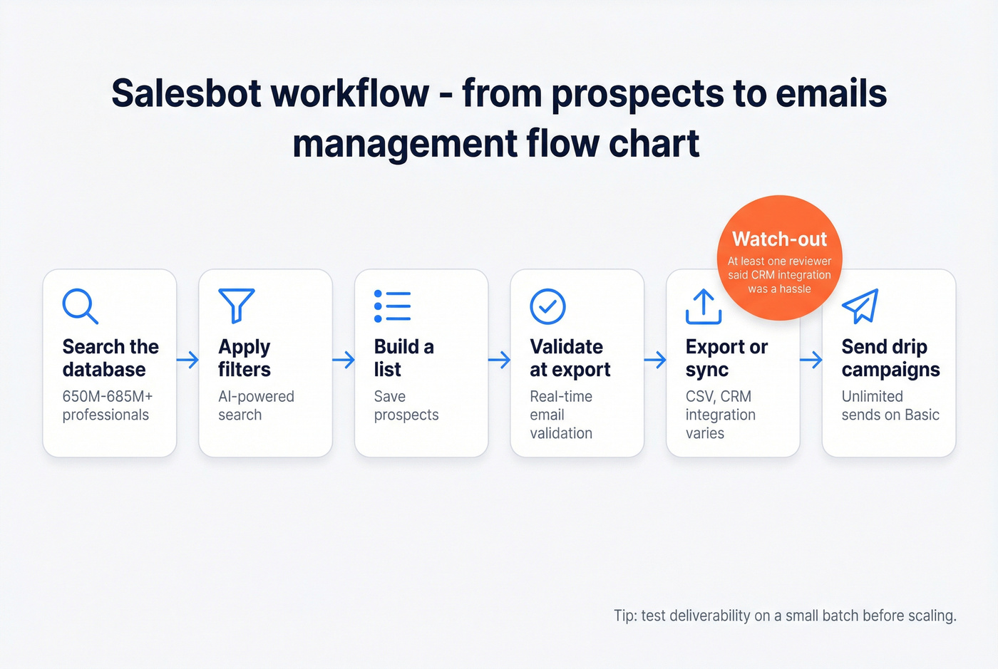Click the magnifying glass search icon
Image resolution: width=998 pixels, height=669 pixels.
tap(80, 306)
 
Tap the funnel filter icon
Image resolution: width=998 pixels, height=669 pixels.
tap(237, 306)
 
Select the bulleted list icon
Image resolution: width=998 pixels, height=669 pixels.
tap(392, 306)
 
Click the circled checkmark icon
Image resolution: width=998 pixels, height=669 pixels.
tap(547, 306)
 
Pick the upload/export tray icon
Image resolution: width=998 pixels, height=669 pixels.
tap(704, 306)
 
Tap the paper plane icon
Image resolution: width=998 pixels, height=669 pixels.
tap(860, 306)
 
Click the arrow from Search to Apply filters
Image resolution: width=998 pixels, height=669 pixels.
tap(187, 360)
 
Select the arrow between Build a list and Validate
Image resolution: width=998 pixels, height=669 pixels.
tap(499, 360)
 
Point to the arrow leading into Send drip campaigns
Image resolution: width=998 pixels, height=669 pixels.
tap(811, 360)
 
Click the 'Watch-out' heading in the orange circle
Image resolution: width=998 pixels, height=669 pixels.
tap(779, 239)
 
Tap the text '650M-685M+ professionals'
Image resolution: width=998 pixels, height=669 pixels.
tap(107, 405)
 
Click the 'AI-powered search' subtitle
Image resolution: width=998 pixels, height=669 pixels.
tap(256, 405)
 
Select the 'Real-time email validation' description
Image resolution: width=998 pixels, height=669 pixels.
tap(561, 415)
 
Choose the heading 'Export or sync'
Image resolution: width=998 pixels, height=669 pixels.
tap(726, 358)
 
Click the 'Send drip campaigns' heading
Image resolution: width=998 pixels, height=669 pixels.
tap(890, 358)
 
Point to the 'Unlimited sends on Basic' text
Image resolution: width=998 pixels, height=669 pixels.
tap(890, 405)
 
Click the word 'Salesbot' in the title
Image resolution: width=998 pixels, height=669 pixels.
tap(186, 93)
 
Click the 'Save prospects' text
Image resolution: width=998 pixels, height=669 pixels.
tap(406, 405)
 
